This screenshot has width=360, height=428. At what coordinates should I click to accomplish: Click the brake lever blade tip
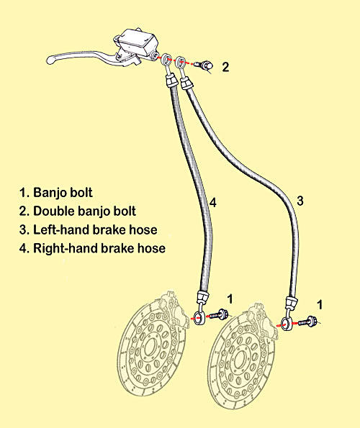pyautogui.click(x=49, y=59)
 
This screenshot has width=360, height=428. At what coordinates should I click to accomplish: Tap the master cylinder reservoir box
pyautogui.click(x=138, y=42)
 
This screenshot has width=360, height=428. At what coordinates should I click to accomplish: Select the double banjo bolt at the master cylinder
pyautogui.click(x=204, y=65)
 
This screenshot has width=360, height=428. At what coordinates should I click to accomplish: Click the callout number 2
pyautogui.click(x=225, y=67)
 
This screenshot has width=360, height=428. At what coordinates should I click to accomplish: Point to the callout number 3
pyautogui.click(x=300, y=201)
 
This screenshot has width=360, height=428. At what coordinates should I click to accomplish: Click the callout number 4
pyautogui.click(x=213, y=203)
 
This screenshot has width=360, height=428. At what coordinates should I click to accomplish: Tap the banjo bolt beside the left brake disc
pyautogui.click(x=219, y=314)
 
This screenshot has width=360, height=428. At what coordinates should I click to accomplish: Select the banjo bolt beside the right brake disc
pyautogui.click(x=307, y=322)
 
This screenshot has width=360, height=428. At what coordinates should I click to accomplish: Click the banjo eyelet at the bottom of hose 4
pyautogui.click(x=199, y=317)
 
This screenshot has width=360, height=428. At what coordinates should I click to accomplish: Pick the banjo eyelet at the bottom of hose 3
pyautogui.click(x=285, y=324)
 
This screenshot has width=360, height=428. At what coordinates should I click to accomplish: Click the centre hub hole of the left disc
pyautogui.click(x=150, y=347)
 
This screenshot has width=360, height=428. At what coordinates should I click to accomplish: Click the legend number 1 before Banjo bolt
pyautogui.click(x=22, y=193)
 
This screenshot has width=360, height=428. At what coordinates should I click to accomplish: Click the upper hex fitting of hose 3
pyautogui.click(x=186, y=83)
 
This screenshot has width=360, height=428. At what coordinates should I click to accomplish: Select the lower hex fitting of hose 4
pyautogui.click(x=202, y=296)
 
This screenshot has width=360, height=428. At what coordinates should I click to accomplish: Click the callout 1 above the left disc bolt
pyautogui.click(x=230, y=299)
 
